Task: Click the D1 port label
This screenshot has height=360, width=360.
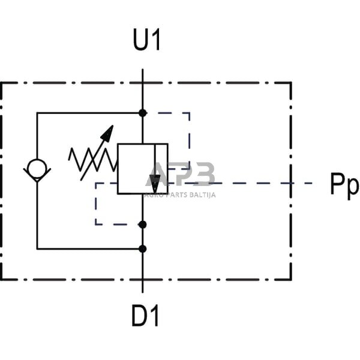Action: tap(146, 316)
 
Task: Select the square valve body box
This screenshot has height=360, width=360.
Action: tap(142, 169)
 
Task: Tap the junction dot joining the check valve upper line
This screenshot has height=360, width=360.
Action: tap(142, 113)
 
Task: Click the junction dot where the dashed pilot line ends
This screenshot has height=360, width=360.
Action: tap(142, 224)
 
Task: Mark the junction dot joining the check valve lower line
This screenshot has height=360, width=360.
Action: tap(142, 248)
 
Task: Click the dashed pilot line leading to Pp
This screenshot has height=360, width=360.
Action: tap(270, 183)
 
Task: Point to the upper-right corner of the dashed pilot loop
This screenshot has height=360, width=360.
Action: tap(190, 113)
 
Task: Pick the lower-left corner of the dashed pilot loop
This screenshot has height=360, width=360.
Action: tap(95, 224)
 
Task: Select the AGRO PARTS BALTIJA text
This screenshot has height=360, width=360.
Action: tap(180, 194)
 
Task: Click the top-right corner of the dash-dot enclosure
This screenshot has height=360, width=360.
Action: tap(291, 83)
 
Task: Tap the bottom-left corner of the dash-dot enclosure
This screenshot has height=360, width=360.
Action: tap(2, 280)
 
